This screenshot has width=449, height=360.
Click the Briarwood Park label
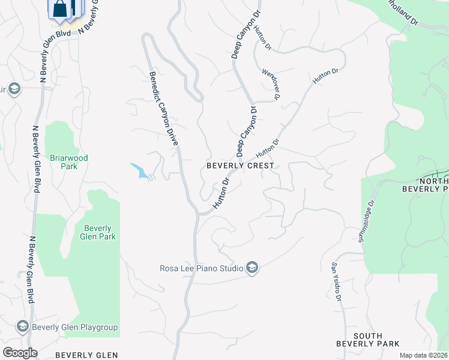[x=68, y=162]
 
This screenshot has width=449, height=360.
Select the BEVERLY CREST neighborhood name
[x=240, y=166]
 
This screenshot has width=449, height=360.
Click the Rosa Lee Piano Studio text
[x=201, y=268]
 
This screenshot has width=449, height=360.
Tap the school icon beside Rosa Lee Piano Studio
[x=252, y=268]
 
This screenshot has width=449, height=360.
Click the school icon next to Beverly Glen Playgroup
[x=23, y=326]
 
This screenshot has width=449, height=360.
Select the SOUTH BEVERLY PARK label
[x=368, y=340]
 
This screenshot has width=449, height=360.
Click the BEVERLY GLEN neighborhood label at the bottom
[x=86, y=355]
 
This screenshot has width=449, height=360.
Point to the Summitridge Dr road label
[x=367, y=222]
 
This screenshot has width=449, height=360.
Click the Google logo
[x=20, y=353]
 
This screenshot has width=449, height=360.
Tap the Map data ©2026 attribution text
[x=423, y=355]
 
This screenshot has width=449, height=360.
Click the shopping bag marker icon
[x=60, y=10]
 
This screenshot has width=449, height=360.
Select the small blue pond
[x=139, y=171]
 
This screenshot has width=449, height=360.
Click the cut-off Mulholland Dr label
[x=404, y=14]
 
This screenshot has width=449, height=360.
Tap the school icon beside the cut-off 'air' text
[x=14, y=90]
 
